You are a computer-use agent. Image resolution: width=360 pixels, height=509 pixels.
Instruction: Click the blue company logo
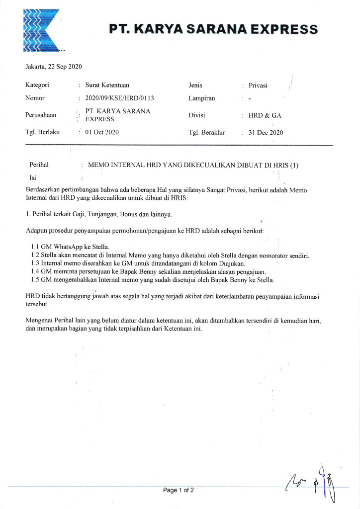coord(40,30)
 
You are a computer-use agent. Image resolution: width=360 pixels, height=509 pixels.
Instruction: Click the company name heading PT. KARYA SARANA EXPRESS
coord(214,29)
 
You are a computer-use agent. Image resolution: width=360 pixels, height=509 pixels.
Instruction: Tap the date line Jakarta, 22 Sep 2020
coord(54,67)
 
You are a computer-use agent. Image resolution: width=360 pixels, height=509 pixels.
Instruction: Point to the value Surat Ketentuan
coord(107,85)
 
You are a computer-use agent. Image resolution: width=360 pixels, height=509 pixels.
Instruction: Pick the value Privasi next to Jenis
coord(258,85)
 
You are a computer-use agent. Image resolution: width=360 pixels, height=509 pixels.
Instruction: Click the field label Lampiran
coord(202,98)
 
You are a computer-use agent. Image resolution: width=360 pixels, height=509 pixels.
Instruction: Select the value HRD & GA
coord(265,115)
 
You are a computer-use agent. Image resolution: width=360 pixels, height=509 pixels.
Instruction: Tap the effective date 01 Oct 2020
coord(102,132)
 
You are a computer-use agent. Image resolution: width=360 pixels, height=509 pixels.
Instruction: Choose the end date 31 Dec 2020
coord(266,132)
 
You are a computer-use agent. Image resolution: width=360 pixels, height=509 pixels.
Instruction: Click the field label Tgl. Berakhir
coord(207,132)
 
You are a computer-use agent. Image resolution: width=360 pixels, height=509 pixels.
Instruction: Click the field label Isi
coord(33,177)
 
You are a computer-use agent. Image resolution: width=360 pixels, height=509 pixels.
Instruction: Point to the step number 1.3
coord(35,263)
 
